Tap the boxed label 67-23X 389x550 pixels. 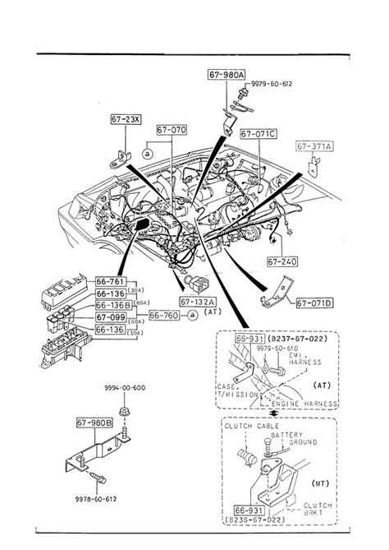click(x=126, y=120)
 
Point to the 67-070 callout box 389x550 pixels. click(x=172, y=129)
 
